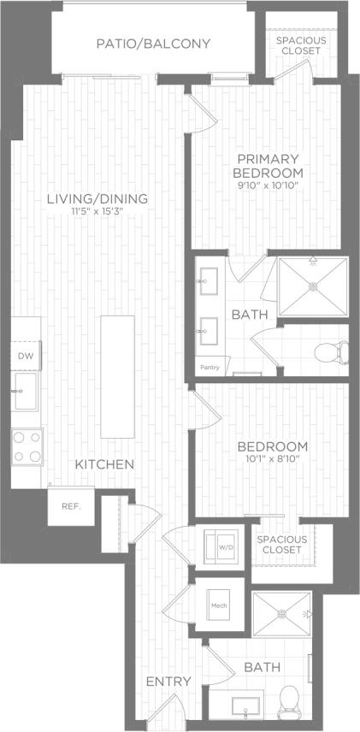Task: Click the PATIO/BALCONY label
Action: click(153, 44)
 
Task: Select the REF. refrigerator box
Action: click(70, 506)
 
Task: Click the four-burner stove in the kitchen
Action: click(27, 446)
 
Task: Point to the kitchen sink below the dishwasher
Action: click(25, 390)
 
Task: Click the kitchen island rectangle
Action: click(117, 376)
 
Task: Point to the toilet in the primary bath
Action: click(332, 351)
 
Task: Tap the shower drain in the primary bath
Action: click(312, 286)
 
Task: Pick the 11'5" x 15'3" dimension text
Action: click(97, 213)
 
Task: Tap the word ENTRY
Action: click(168, 682)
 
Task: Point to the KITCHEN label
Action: click(104, 464)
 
